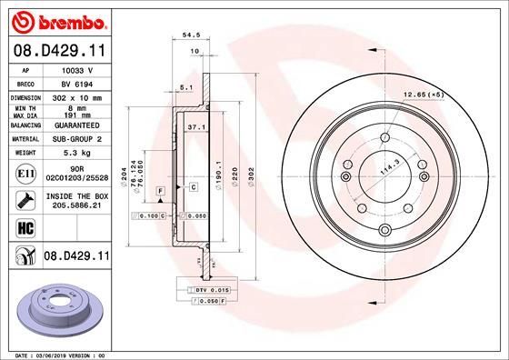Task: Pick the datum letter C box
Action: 194,186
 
